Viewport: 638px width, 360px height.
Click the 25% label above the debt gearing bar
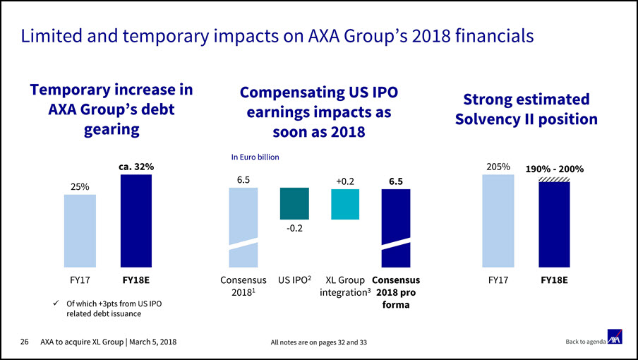point(80,186)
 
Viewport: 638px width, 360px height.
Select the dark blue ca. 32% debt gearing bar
point(136,222)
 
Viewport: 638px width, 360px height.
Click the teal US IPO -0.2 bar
point(294,203)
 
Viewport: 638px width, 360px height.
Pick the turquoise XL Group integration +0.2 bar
point(345,203)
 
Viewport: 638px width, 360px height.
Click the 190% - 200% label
point(554,169)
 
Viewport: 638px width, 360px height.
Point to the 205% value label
point(498,167)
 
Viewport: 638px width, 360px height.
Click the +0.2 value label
point(345,181)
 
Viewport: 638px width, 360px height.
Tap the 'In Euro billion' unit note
point(256,157)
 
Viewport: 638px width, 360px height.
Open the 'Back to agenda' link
point(584,342)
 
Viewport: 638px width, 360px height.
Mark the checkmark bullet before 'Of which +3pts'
point(56,304)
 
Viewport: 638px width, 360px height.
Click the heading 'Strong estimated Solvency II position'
point(526,109)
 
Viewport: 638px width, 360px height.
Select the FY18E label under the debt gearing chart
point(136,280)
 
